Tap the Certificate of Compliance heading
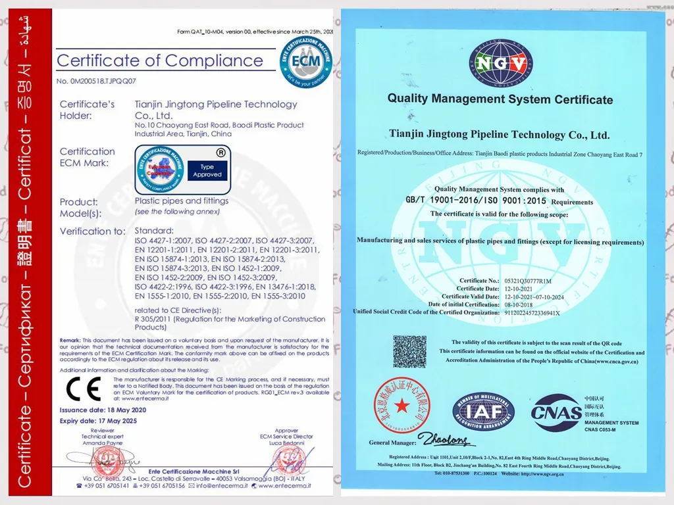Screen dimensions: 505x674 (x=160, y=61)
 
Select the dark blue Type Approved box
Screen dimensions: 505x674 (x=207, y=171)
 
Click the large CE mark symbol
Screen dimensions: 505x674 (x=84, y=390)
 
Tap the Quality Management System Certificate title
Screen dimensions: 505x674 (x=500, y=99)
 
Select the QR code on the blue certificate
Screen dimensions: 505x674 (x=409, y=352)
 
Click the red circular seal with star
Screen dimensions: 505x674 (x=402, y=404)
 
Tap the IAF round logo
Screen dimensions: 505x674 (x=483, y=412)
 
